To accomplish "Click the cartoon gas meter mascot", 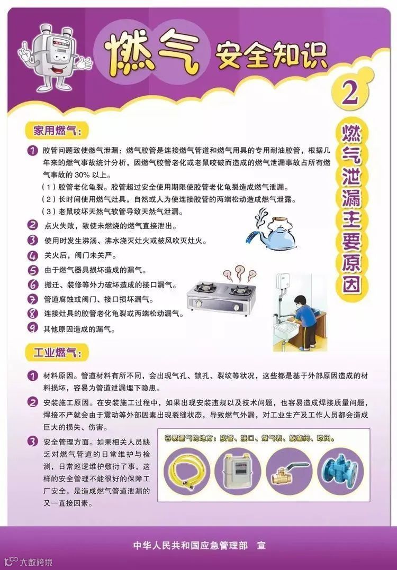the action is pos(55,58).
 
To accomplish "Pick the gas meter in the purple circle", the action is pos(238,471).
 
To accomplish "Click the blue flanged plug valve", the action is pos(340,471).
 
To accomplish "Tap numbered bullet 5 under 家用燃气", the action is pos(33,270).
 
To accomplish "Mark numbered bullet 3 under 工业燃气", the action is pos(33,442).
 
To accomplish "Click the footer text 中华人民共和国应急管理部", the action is pos(191,545).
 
